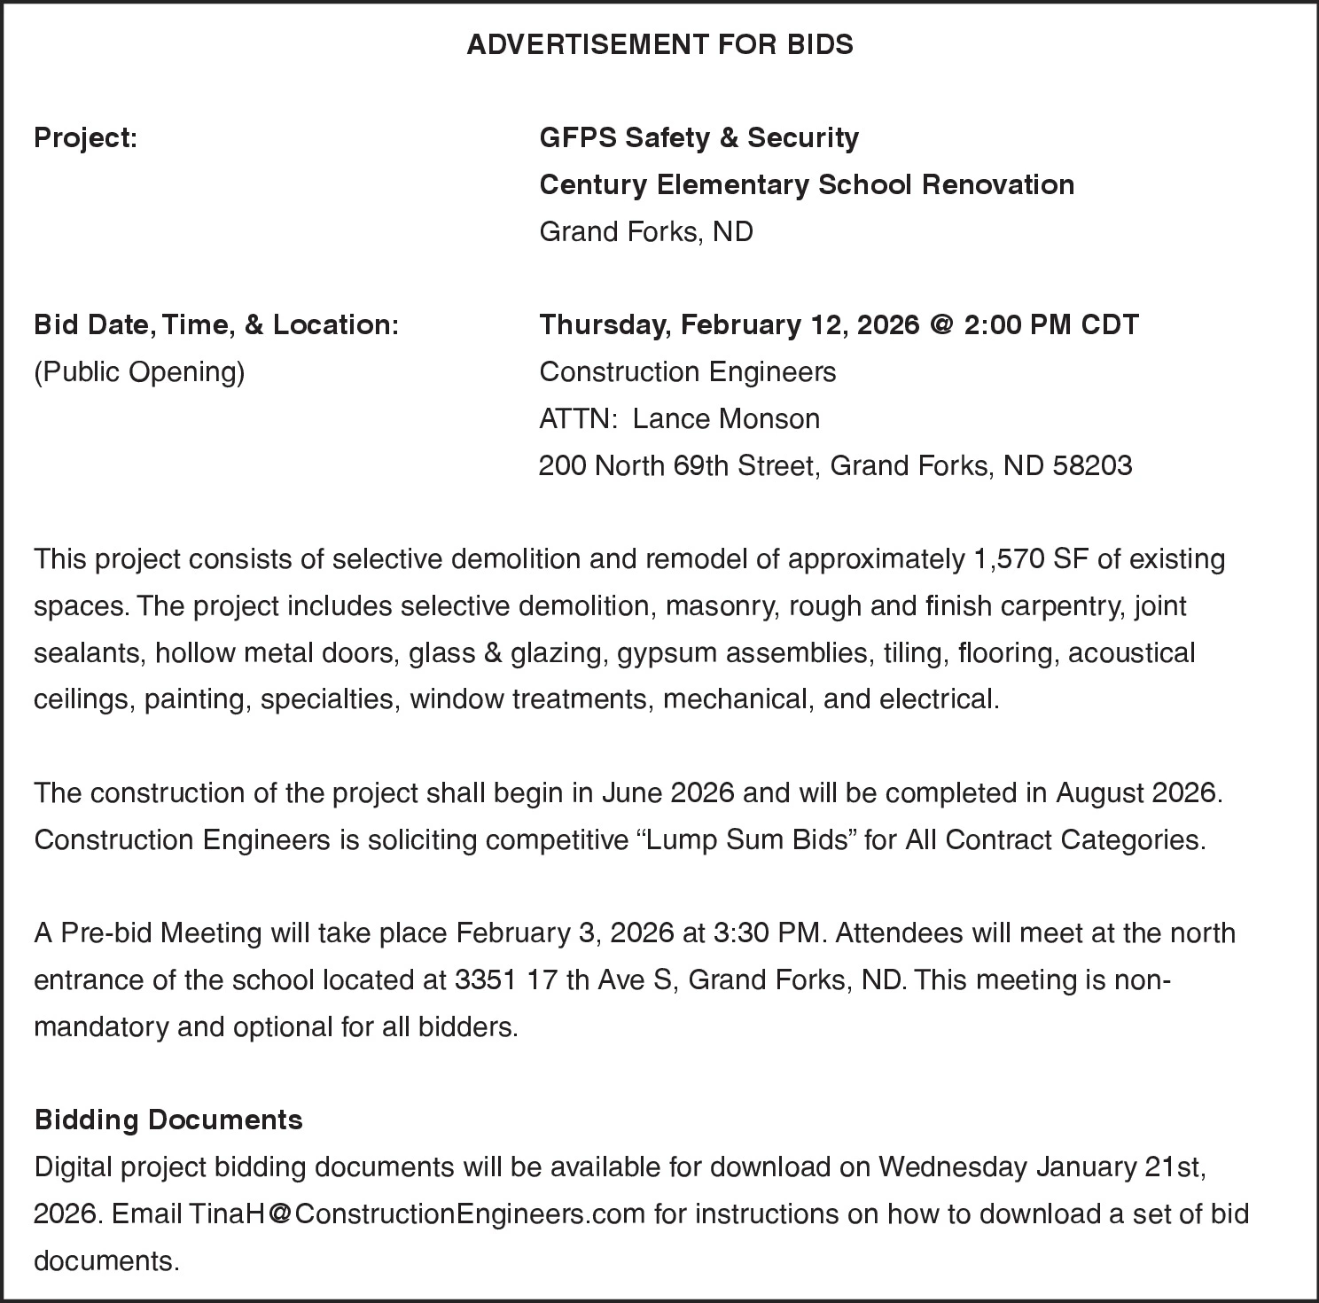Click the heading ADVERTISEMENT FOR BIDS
pyautogui.click(x=659, y=44)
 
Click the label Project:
pyautogui.click(x=85, y=138)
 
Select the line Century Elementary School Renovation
pyautogui.click(x=807, y=184)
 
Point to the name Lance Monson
pyautogui.click(x=726, y=418)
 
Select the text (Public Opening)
pyautogui.click(x=139, y=371)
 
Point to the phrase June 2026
pyautogui.click(x=667, y=792)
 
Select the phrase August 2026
pyautogui.click(x=1137, y=792)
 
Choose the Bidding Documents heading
pyautogui.click(x=168, y=1120)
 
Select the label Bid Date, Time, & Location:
pyautogui.click(x=216, y=324)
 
